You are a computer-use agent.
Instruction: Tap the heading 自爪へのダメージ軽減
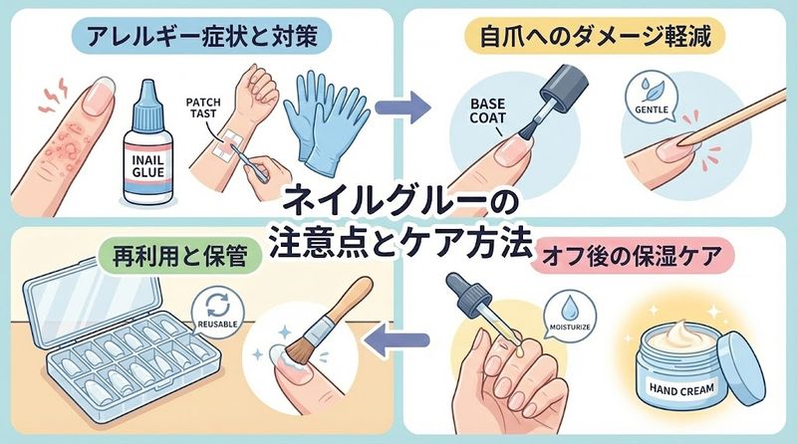595,37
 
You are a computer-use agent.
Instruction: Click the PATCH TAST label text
212,109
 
